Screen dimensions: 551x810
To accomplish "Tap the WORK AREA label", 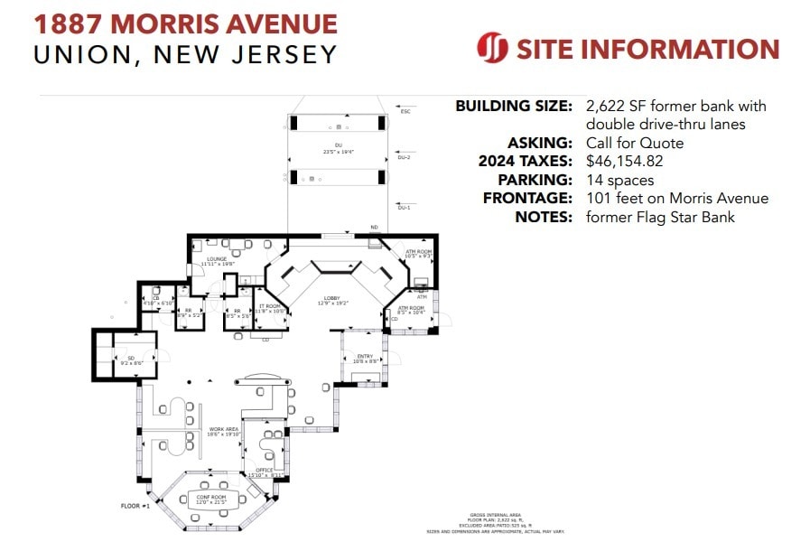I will point(223,429).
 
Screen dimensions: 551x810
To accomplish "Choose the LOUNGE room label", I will point(217,259).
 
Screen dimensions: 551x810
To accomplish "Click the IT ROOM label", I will point(272,307).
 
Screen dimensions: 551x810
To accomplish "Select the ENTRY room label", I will point(365,357).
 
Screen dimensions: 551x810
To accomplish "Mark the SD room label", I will point(131,359).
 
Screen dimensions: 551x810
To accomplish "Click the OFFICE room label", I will point(265,471).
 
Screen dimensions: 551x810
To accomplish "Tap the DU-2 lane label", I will point(404,156).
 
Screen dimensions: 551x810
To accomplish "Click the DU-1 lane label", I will point(404,208).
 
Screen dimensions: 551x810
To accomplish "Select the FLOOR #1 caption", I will point(135,506).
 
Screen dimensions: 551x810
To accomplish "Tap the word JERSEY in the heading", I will point(284,55).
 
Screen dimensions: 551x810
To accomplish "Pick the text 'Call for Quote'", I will point(634,143).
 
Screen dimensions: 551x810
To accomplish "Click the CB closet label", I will point(155,298).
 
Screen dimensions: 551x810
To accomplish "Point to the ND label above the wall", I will point(373,228).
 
